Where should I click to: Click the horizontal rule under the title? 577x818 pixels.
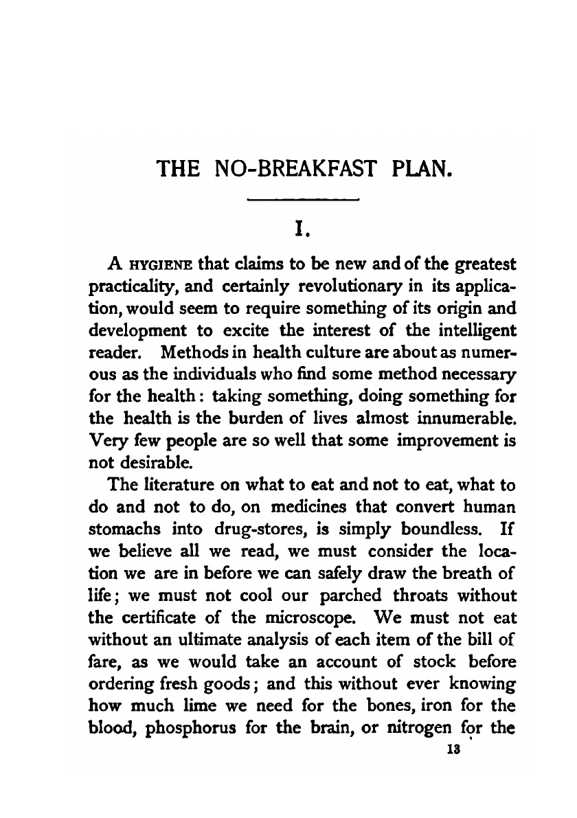(303, 201)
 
